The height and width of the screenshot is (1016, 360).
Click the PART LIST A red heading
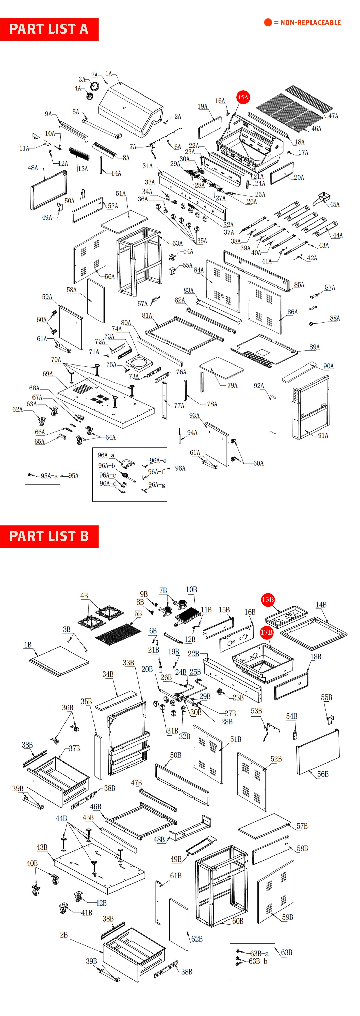coord(49,29)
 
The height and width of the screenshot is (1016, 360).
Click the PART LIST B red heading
coord(49,536)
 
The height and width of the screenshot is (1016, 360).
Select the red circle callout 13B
coord(268,599)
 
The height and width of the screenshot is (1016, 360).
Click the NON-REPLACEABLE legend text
coord(310,23)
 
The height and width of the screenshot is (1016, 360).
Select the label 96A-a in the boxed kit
coord(106,455)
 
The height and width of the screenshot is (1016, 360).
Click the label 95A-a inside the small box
coord(49,476)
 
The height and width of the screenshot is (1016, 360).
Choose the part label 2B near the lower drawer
coord(64,935)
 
